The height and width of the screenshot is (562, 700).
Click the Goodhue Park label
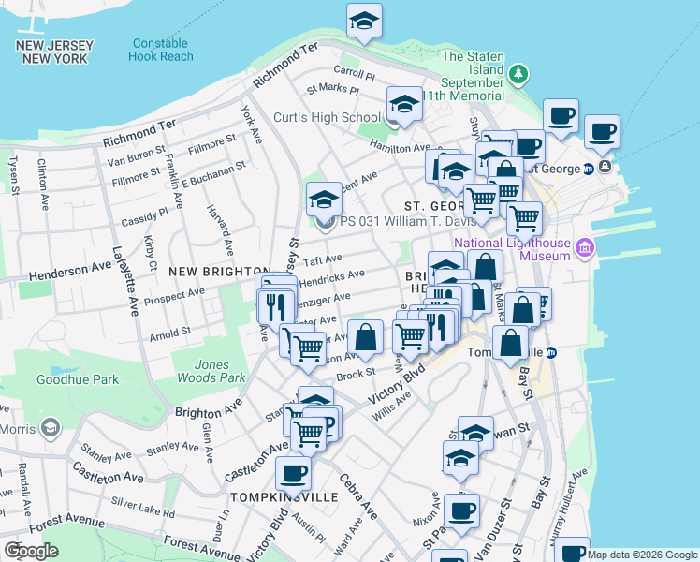pyautogui.click(x=78, y=379)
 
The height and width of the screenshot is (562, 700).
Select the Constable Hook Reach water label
pyautogui.click(x=162, y=50)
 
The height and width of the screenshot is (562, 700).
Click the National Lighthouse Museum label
pyautogui.click(x=511, y=249)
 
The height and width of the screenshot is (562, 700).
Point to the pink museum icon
pyautogui.click(x=586, y=248)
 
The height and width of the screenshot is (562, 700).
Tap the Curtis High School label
pyautogui.click(x=314, y=117)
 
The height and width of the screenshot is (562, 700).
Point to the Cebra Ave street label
pyautogui.click(x=359, y=496)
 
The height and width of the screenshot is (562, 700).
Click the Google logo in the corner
pyautogui.click(x=31, y=551)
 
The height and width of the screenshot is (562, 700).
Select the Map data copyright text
pyautogui.click(x=642, y=555)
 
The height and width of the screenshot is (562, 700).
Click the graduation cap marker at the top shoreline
pyautogui.click(x=364, y=21)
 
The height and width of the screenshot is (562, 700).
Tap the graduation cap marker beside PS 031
pyautogui.click(x=324, y=200)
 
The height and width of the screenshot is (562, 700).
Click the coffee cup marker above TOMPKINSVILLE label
pyautogui.click(x=294, y=474)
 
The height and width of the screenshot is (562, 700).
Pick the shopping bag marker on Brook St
pyautogui.click(x=365, y=337)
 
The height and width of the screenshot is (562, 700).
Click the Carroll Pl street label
pyautogui.click(x=355, y=73)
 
